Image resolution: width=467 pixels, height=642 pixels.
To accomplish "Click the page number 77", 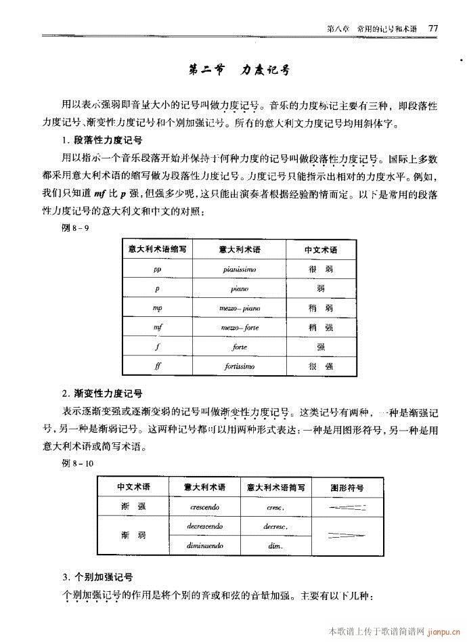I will (x=434, y=28).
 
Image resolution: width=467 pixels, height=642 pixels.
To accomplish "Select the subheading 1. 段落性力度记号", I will (x=101, y=141).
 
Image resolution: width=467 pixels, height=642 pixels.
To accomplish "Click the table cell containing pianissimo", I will (x=240, y=269).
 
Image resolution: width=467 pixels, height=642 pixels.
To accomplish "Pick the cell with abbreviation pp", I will (x=157, y=269).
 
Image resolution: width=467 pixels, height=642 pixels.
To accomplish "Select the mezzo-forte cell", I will (x=240, y=327).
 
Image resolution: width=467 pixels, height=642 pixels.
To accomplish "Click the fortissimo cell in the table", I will (x=240, y=366).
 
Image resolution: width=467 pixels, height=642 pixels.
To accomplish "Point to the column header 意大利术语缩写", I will (x=157, y=249).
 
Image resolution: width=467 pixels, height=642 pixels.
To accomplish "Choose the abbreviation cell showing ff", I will (x=157, y=366).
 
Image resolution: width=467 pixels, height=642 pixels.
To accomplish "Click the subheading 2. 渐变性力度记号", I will (x=101, y=393).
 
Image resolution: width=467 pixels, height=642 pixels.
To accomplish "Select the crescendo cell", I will (x=204, y=506).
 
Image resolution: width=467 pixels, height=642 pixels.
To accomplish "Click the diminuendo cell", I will (x=204, y=545).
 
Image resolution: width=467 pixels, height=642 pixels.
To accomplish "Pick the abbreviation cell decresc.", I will (x=275, y=526).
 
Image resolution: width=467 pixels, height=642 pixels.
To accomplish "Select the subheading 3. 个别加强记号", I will (x=97, y=577).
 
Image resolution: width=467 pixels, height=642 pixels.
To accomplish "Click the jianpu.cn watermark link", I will (x=443, y=631).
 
